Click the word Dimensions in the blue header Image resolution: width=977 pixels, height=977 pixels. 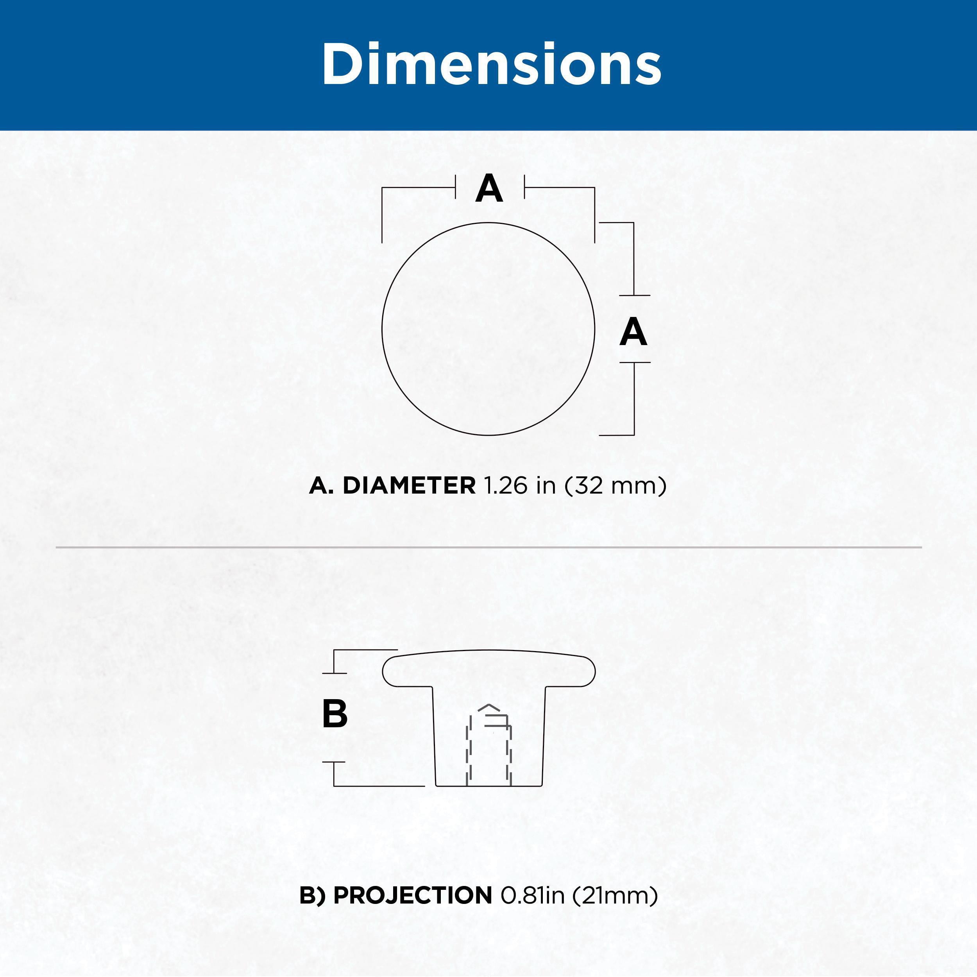(x=491, y=64)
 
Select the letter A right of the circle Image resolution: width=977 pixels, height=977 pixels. (x=633, y=332)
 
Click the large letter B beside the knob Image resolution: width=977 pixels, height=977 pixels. (x=334, y=714)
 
